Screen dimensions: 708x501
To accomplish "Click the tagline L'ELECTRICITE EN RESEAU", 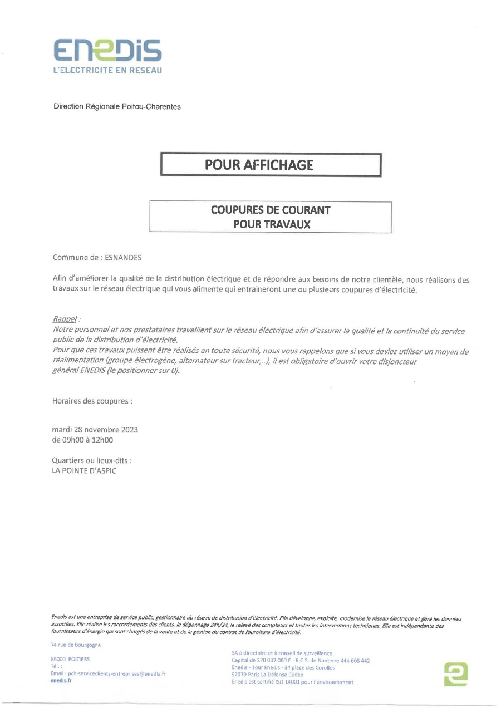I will pos(107,70).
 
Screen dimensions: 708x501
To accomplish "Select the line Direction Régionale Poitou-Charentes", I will pos(117,106).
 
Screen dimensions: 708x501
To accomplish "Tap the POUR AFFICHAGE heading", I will pos(259,165).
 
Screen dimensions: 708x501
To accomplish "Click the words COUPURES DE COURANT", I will pos(271,210).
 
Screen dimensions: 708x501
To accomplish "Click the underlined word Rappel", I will pos(64,319).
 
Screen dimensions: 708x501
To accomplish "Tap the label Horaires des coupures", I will pos(92,401).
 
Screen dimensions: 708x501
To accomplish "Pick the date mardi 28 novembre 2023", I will pos(95,430).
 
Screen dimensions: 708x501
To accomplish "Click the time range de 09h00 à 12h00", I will pos(82,440).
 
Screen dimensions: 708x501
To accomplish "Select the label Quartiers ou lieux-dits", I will pos(92,460).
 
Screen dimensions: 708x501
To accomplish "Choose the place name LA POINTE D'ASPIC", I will pos(84,470).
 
